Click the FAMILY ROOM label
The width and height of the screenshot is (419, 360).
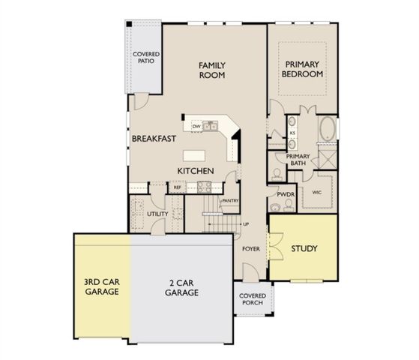(x=212, y=70)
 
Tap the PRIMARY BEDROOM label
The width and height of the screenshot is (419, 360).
(x=302, y=69)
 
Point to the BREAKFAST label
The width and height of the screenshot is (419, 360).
(x=154, y=139)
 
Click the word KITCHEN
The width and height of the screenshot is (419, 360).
(x=196, y=172)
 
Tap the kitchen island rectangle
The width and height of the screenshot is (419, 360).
(x=194, y=156)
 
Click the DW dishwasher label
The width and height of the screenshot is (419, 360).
(x=196, y=127)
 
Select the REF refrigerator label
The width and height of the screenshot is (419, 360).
(x=178, y=187)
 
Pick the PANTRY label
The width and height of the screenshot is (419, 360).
(x=229, y=201)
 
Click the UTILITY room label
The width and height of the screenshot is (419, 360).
(x=157, y=214)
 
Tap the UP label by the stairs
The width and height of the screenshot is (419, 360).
(x=245, y=224)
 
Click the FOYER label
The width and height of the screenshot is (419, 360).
(x=250, y=248)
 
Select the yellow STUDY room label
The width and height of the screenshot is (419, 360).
(x=304, y=248)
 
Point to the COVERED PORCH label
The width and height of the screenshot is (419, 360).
(x=252, y=300)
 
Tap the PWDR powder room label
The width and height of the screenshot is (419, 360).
(x=286, y=194)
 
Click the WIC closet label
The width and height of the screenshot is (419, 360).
(x=317, y=192)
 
